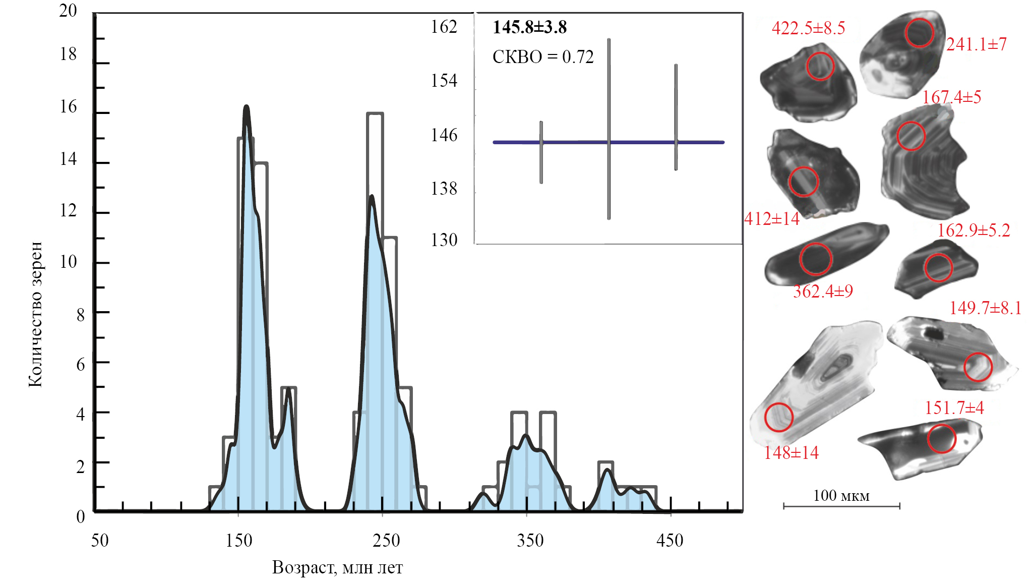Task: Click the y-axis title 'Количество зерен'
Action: pyautogui.click(x=35, y=314)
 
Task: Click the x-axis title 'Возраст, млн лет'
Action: pyautogui.click(x=337, y=567)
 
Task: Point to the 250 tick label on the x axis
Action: pyautogui.click(x=386, y=540)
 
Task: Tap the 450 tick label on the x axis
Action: pyautogui.click(x=669, y=540)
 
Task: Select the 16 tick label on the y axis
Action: pyautogui.click(x=69, y=106)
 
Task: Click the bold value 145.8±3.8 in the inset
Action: pyautogui.click(x=529, y=27)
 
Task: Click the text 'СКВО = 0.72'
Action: pyautogui.click(x=543, y=57)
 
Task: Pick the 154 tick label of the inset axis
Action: pyautogui.click(x=444, y=81)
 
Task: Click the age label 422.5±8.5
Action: pyautogui.click(x=808, y=28)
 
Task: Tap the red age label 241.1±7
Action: pyautogui.click(x=976, y=44)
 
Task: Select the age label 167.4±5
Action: pyautogui.click(x=951, y=97)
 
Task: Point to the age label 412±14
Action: pyautogui.click(x=772, y=219)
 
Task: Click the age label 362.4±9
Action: pyautogui.click(x=823, y=291)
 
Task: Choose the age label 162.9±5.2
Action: pyautogui.click(x=973, y=230)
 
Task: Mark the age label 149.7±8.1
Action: pyautogui.click(x=985, y=308)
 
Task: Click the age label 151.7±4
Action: pyautogui.click(x=954, y=407)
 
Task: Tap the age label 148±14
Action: pyautogui.click(x=791, y=453)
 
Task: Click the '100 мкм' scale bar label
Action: pyautogui.click(x=841, y=496)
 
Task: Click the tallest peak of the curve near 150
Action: pyautogui.click(x=247, y=107)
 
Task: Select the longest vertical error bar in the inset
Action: pyautogui.click(x=609, y=129)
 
